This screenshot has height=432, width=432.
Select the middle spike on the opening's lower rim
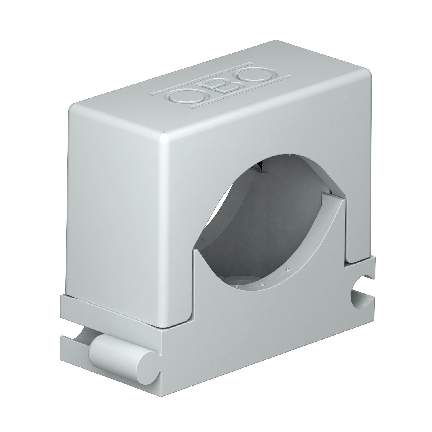[262, 284]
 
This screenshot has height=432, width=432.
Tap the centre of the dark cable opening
[259, 225]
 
